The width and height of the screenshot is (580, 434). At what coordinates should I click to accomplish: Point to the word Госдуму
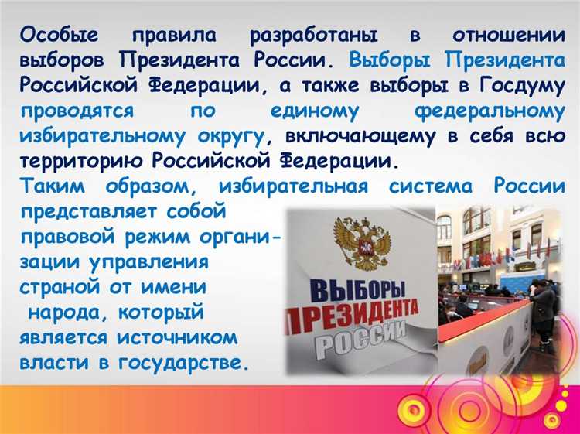click(518, 86)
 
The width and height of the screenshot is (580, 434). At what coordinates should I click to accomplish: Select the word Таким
click(55, 186)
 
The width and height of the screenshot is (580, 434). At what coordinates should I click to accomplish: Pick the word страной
click(63, 287)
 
